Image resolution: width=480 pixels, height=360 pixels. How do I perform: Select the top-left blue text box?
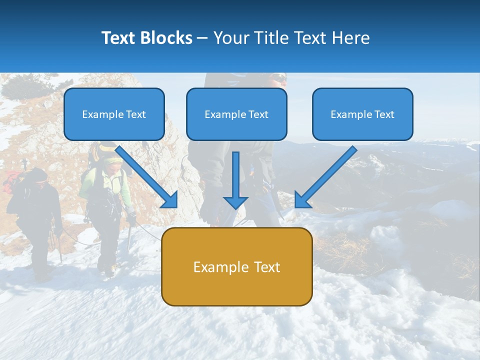114,114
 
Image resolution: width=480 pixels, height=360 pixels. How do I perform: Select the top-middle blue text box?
236,114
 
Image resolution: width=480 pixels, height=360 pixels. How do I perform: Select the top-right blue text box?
362,114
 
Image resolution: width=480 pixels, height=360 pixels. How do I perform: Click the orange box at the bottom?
236,266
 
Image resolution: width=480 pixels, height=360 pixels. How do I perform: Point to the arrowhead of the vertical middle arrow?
235,202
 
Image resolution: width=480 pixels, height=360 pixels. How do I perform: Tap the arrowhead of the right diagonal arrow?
301,201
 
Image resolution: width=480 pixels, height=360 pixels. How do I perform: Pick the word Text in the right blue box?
384,114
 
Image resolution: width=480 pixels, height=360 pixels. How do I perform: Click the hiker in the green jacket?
106,200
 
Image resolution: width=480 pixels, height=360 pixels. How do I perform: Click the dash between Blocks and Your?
202,38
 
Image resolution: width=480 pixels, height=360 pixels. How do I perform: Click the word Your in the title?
231,38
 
